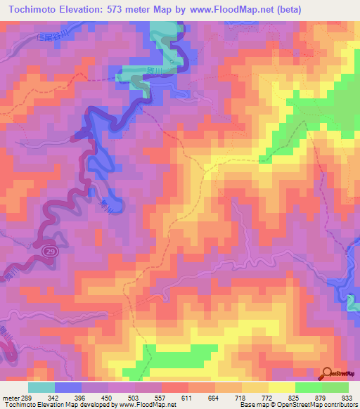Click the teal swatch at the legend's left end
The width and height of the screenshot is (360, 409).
(41, 387)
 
